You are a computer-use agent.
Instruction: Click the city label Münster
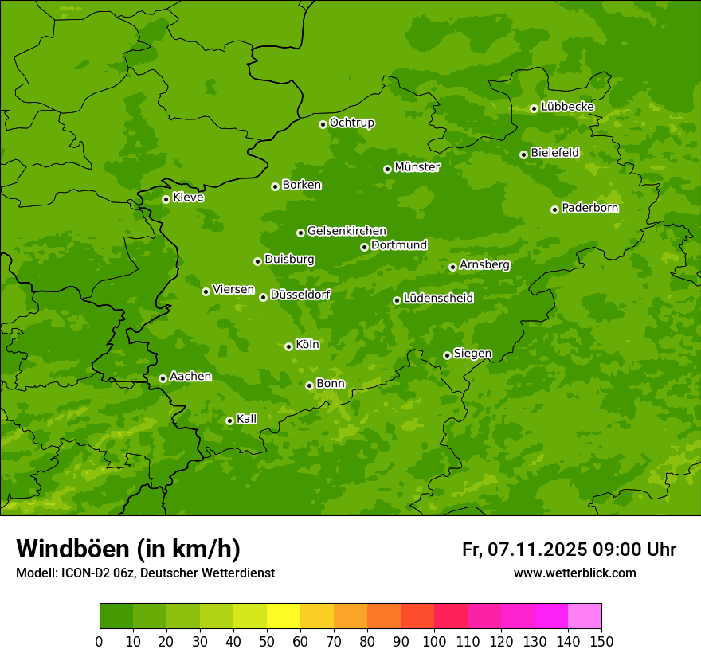417,167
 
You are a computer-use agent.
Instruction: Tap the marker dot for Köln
288,346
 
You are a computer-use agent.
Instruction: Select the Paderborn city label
589,208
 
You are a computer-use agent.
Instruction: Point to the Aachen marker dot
163,378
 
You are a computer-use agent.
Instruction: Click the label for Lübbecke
567,107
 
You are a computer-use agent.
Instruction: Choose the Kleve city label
188,198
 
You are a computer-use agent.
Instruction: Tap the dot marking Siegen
447,355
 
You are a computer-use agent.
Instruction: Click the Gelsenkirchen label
347,231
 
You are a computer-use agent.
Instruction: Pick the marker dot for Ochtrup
323,124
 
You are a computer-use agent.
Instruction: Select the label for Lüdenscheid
438,299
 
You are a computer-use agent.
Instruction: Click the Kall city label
247,419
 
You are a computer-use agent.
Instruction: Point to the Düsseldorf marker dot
263,297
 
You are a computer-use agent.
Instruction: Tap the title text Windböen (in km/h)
128,549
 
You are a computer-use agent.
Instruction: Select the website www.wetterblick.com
574,573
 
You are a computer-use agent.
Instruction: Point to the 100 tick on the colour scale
434,641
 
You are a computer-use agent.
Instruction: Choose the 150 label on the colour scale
601,641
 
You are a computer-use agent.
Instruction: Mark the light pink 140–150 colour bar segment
585,616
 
